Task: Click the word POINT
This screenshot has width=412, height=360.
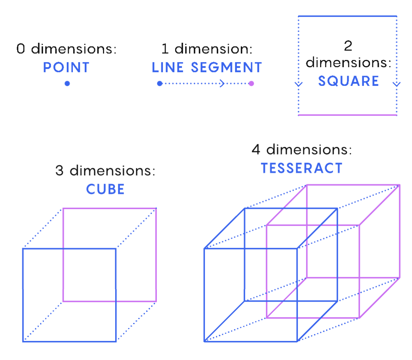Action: click(x=66, y=68)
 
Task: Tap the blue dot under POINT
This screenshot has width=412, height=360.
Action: click(x=67, y=84)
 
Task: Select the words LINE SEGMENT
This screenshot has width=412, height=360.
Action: click(x=207, y=68)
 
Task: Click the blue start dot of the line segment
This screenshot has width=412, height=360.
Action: click(x=160, y=84)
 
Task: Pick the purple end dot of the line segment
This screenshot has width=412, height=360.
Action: click(x=251, y=84)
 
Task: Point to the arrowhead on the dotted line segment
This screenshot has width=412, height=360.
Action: click(x=222, y=84)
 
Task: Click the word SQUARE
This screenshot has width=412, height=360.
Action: click(x=348, y=81)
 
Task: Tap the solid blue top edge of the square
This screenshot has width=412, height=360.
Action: click(x=348, y=16)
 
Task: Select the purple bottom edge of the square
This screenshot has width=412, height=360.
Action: click(x=348, y=115)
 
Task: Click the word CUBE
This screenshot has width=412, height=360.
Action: click(x=105, y=189)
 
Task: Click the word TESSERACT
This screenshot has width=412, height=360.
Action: click(x=301, y=168)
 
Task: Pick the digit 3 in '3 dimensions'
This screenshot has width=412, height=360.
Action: click(x=60, y=170)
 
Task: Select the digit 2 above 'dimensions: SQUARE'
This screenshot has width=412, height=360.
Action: click(x=348, y=46)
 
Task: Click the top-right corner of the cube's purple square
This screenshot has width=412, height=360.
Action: click(x=156, y=208)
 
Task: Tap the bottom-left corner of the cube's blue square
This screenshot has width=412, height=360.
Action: click(x=23, y=341)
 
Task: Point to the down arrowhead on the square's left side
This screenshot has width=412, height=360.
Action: click(x=299, y=84)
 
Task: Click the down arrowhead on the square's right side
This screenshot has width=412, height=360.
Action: click(x=397, y=84)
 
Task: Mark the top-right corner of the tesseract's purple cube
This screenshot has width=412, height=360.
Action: click(x=399, y=185)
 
